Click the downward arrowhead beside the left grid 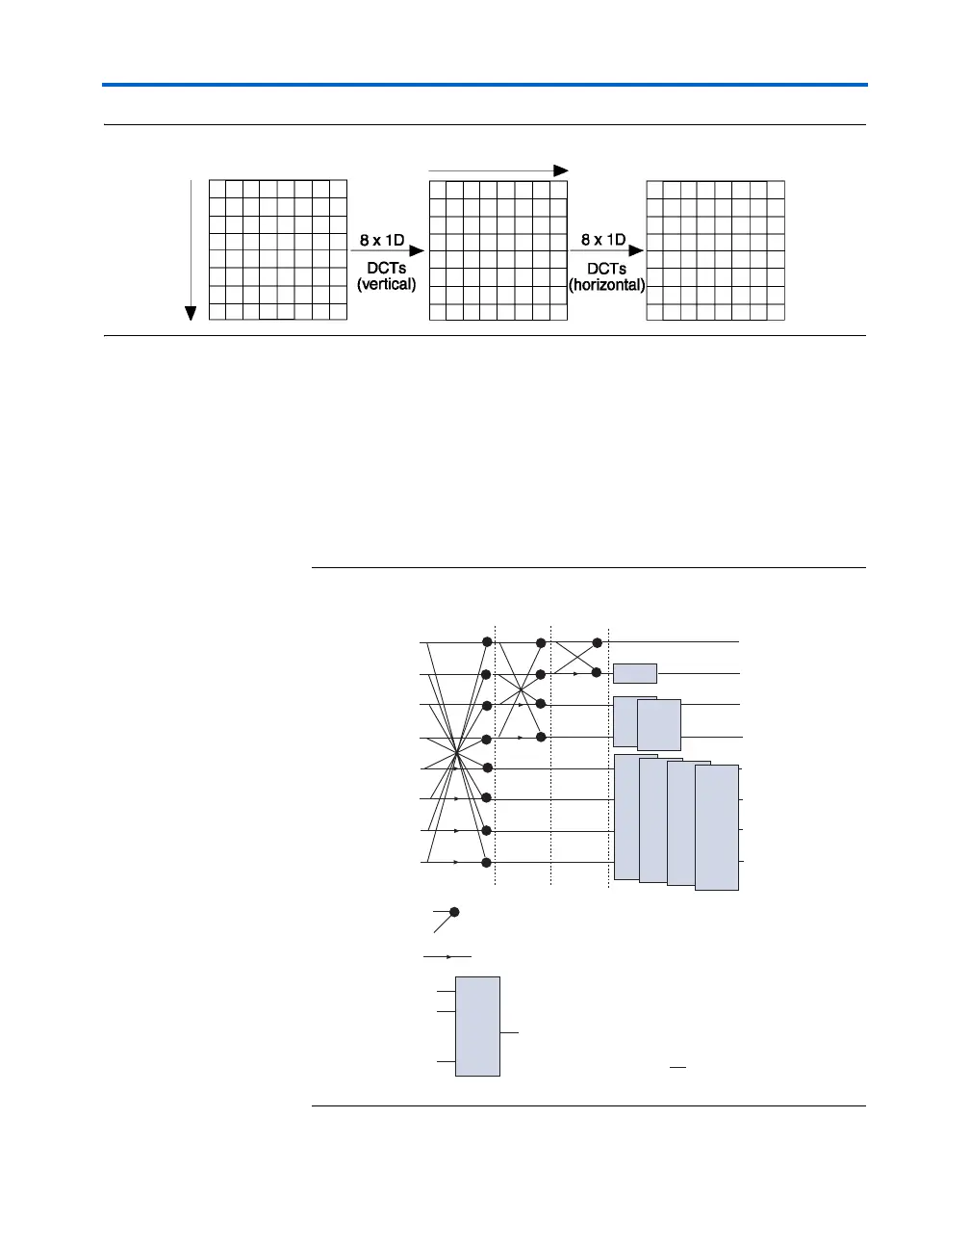click(191, 312)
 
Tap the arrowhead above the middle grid click(561, 169)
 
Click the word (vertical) click(386, 285)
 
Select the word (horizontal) click(606, 285)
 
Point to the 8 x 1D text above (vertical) click(382, 240)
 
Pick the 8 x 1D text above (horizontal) click(603, 240)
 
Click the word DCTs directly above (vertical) click(386, 269)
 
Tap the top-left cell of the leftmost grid click(217, 190)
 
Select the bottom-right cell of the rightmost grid click(776, 312)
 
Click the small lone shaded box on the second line click(635, 673)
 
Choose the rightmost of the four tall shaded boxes click(717, 828)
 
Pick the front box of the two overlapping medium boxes click(659, 725)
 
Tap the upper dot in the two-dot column click(597, 642)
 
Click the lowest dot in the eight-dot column click(487, 862)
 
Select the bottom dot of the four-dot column click(541, 737)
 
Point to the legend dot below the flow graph click(455, 911)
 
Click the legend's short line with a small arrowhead click(447, 957)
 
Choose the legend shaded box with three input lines click(477, 1026)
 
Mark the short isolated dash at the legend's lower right click(678, 1068)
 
